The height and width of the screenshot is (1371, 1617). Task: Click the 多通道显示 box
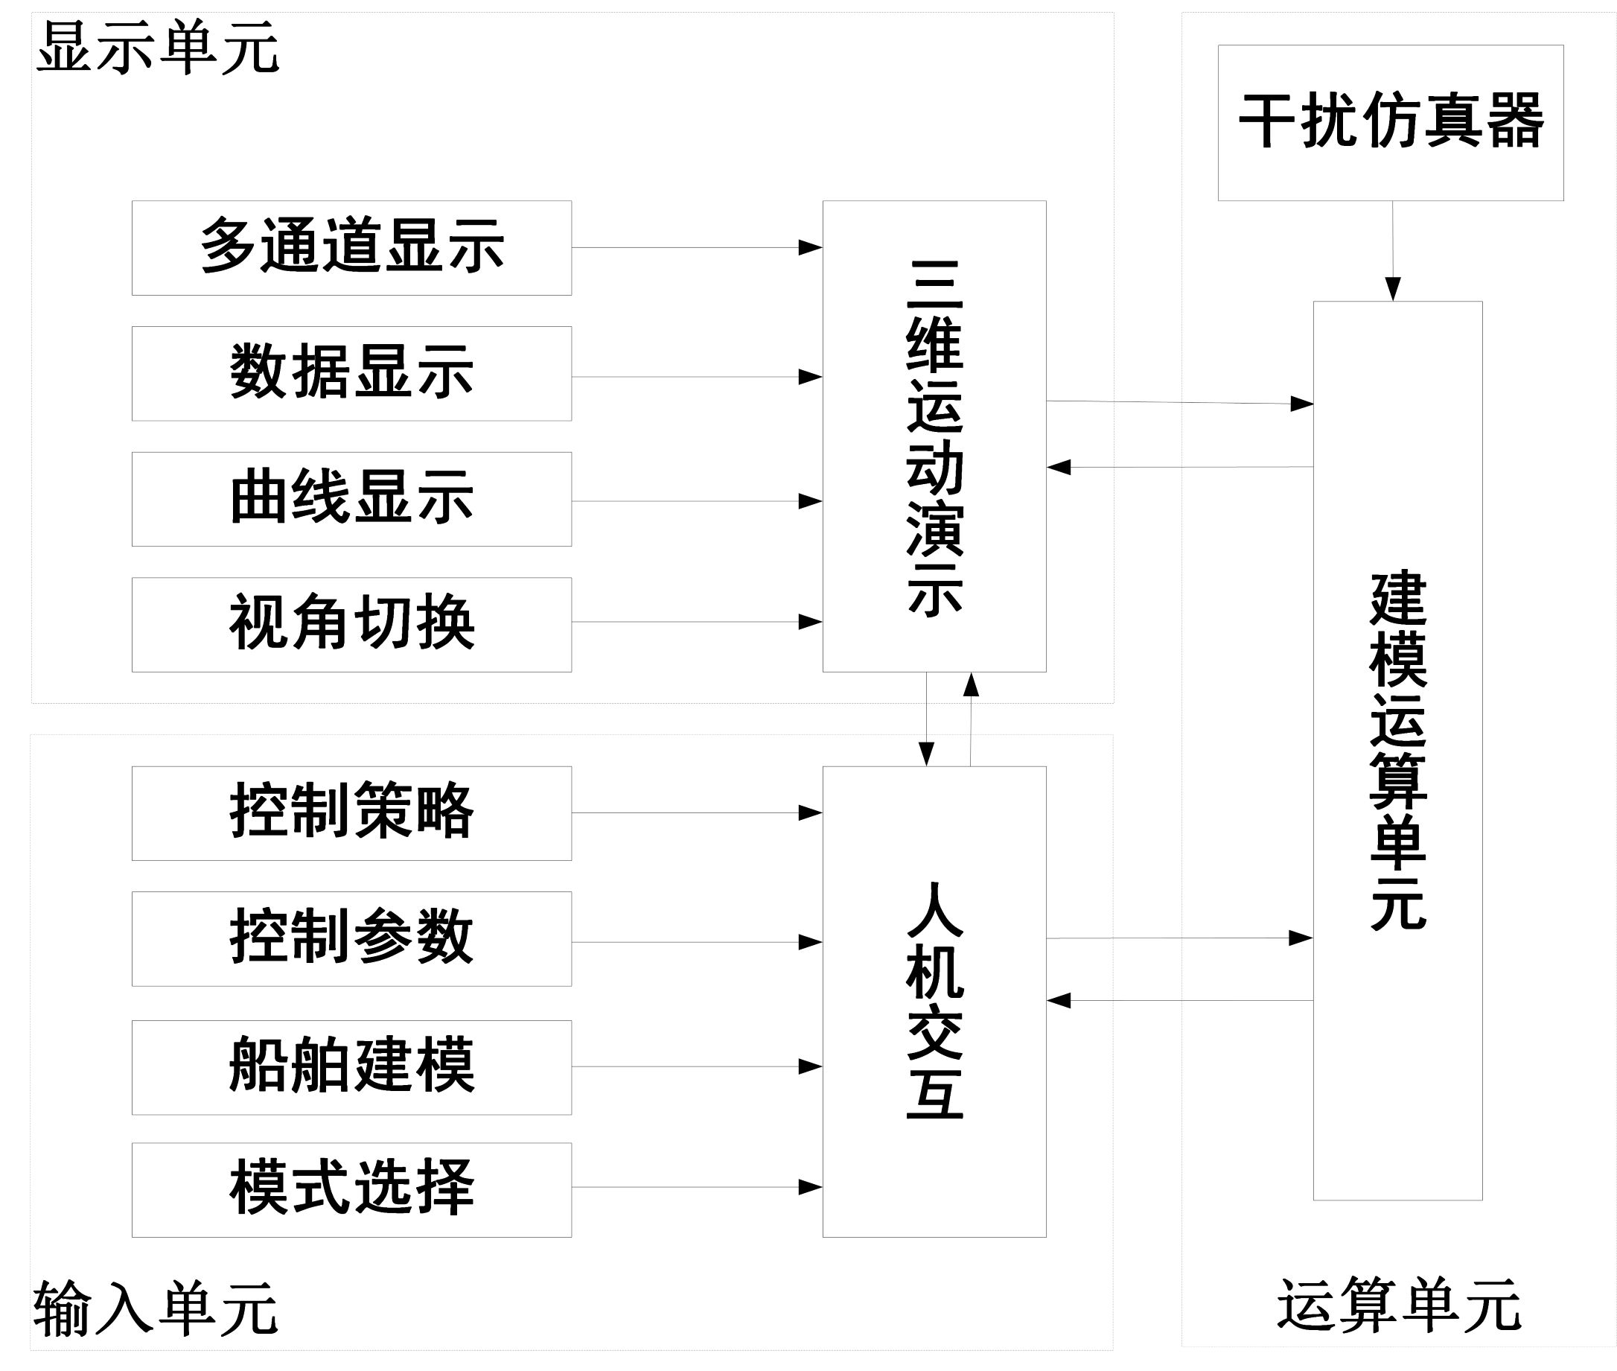(351, 247)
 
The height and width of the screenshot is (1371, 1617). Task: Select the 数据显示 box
(351, 373)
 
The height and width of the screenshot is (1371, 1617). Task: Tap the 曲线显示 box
(351, 499)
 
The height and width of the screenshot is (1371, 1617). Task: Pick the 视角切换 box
(351, 624)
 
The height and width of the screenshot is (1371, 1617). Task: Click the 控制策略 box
(351, 813)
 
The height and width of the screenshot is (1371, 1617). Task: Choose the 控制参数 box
(351, 938)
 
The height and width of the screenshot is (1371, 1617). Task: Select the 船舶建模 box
(351, 1067)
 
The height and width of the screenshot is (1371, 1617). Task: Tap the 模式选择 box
(351, 1189)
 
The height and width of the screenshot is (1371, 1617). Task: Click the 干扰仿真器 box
(1390, 123)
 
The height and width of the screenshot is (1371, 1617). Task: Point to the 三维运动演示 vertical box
(934, 436)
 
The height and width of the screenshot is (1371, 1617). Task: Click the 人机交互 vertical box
(934, 1001)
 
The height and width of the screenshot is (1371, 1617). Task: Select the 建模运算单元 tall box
(1397, 750)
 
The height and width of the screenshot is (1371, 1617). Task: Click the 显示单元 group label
(158, 48)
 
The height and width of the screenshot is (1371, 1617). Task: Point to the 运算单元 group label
(1399, 1305)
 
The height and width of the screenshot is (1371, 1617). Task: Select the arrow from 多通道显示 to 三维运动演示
(696, 247)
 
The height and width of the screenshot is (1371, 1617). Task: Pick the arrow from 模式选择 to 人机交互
(696, 1187)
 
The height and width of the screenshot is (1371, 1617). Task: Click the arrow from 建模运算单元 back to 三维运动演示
(1179, 467)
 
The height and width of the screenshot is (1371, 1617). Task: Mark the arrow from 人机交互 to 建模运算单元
(1179, 938)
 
